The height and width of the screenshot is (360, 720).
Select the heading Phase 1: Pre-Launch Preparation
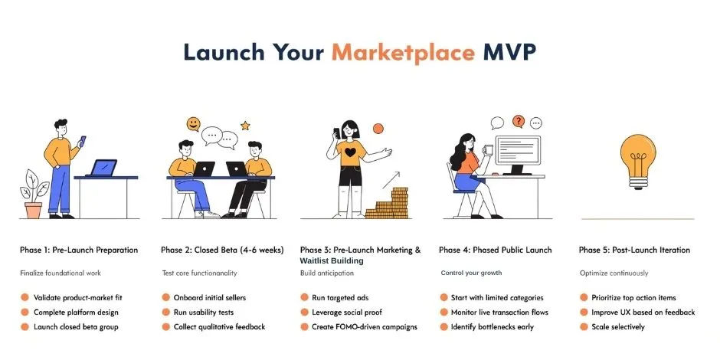79,250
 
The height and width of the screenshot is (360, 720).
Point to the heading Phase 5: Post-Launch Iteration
634,250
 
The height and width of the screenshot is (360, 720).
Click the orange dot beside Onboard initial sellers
166,297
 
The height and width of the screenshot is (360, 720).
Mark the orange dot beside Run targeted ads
305,297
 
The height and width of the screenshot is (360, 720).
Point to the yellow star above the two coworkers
245,125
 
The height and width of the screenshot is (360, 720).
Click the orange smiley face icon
193,124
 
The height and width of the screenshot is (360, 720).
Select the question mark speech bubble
519,121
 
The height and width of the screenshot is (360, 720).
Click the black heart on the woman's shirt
349,153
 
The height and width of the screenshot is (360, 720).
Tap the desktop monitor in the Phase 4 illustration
518,152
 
